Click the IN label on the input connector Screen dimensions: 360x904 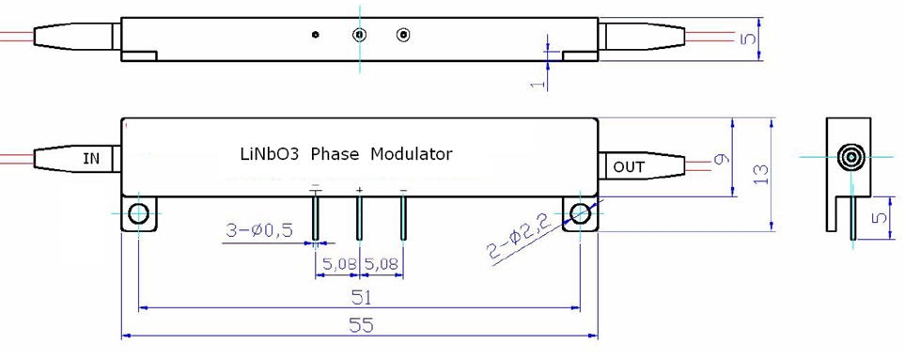pos(90,159)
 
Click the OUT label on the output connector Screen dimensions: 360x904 pos(629,167)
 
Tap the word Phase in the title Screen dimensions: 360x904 pos(335,153)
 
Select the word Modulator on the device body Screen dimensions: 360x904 pos(412,153)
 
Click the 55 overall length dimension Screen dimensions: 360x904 pos(361,325)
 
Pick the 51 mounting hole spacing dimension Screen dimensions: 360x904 pos(361,297)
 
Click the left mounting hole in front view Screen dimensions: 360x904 pos(138,214)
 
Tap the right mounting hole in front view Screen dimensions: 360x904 pos(580,214)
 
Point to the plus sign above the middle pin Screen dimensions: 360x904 pos(359,191)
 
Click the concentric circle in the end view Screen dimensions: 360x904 pos(853,156)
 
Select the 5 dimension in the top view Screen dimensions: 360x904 pos(747,39)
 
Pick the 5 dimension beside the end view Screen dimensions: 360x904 pos(877,218)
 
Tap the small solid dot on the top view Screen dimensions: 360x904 pos(316,36)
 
